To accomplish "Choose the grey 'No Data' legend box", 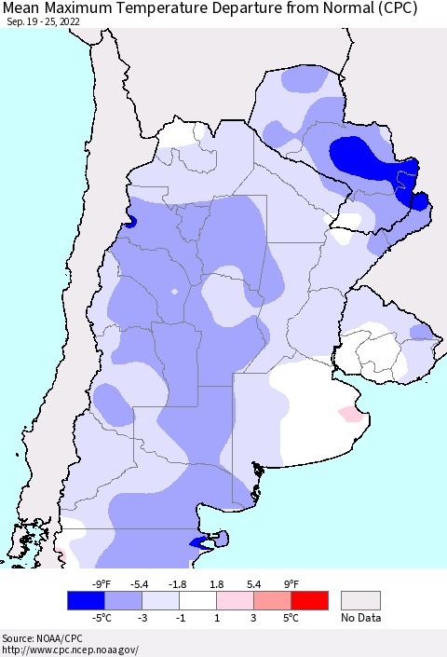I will pyautogui.click(x=360, y=600).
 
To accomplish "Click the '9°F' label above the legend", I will pyautogui.click(x=291, y=584).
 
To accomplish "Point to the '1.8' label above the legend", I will pyautogui.click(x=216, y=584).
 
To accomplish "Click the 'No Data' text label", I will pyautogui.click(x=360, y=617).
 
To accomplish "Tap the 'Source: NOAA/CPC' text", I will pyautogui.click(x=43, y=638).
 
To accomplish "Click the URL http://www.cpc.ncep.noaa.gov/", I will pyautogui.click(x=70, y=650).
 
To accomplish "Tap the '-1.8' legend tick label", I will pyautogui.click(x=178, y=584).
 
